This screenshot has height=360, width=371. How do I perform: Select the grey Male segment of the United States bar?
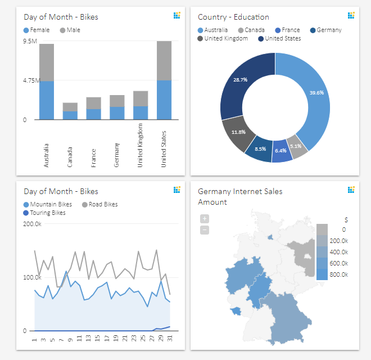[164, 60]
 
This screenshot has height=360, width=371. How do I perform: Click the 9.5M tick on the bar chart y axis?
[30, 42]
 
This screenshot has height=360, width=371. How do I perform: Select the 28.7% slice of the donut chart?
[242, 84]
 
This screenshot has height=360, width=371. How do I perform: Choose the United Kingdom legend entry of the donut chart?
[223, 39]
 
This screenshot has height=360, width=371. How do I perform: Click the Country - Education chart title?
[233, 17]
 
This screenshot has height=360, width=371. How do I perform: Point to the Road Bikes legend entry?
[100, 205]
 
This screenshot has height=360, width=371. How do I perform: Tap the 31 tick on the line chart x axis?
[169, 339]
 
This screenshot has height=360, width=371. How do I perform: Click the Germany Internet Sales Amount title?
[240, 196]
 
